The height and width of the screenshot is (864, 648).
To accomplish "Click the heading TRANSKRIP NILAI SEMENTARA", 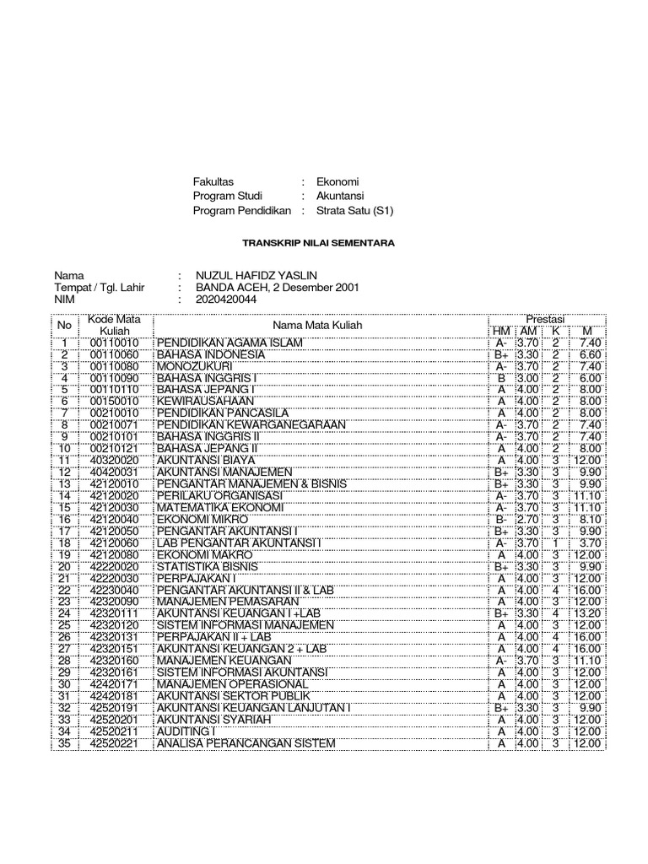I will [318, 243].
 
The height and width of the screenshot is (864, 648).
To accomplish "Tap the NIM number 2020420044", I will [226, 299].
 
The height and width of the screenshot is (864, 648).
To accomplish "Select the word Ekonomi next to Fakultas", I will [337, 181].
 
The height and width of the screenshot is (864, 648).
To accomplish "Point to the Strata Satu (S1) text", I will [354, 210].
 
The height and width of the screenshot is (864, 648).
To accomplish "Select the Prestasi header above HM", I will [545, 319].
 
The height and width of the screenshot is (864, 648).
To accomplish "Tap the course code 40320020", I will [113, 459].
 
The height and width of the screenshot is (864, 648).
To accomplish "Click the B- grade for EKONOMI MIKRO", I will [501, 520].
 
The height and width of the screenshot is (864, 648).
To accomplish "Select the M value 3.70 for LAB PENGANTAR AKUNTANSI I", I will [587, 543].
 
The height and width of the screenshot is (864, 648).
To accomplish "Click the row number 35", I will [63, 742].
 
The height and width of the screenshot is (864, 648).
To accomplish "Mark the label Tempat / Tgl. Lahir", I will [100, 287].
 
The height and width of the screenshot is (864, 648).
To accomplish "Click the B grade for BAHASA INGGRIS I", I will [501, 379].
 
